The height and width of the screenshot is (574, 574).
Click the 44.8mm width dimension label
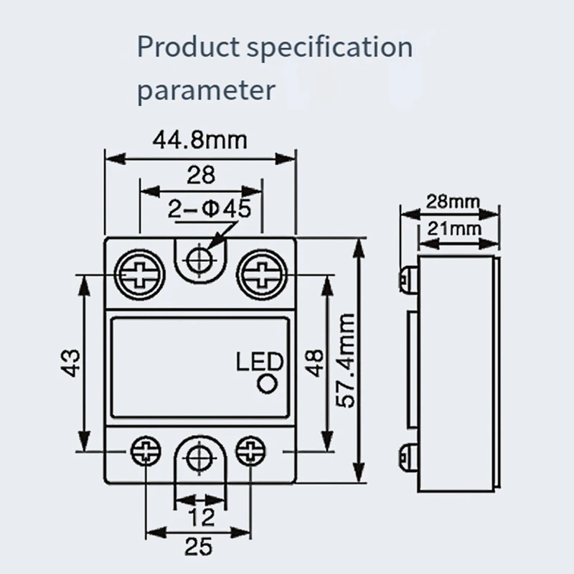coord(200,139)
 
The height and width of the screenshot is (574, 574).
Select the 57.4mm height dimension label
coord(347,359)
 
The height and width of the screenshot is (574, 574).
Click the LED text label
coord(260,362)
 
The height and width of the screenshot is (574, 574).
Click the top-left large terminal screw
coord(138,273)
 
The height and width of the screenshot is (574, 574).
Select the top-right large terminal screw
coord(262,273)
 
